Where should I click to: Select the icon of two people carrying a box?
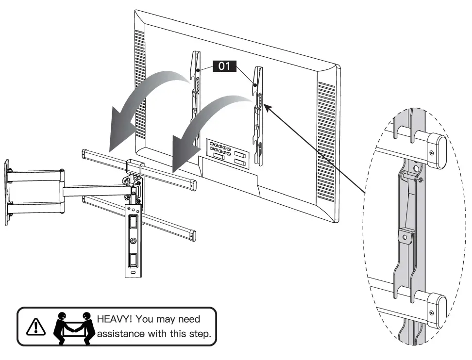click(73, 327)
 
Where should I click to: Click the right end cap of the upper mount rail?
click(193, 185)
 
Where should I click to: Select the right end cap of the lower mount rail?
click(193, 236)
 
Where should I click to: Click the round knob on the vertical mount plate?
click(132, 241)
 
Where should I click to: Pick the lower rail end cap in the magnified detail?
click(438, 305)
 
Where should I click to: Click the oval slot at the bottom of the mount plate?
click(133, 275)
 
